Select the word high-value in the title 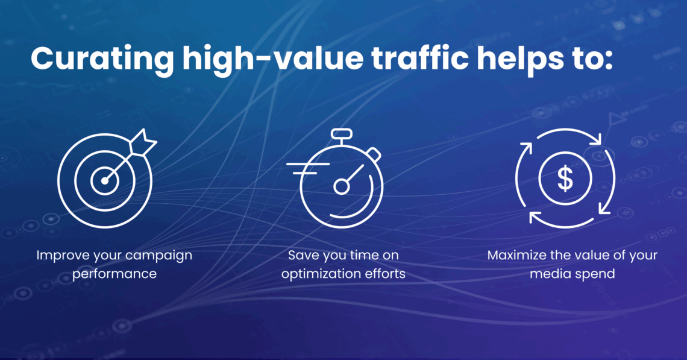(x=272, y=58)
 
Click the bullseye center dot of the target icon (x=105, y=181)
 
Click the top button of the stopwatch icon (x=342, y=134)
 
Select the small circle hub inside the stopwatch (x=341, y=187)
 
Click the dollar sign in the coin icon (x=565, y=178)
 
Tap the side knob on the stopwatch (x=373, y=154)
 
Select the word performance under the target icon (x=114, y=274)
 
